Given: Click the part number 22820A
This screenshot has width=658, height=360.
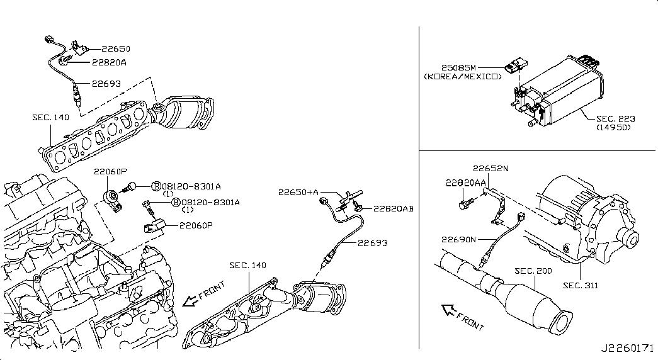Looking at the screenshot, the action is click(109, 62).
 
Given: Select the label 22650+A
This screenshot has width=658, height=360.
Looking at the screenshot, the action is click(298, 192).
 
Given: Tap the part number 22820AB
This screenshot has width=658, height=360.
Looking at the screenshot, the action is click(393, 208).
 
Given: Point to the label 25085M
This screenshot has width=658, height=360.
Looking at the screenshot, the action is click(458, 67).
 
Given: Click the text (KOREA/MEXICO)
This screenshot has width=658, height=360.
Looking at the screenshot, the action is click(463, 77).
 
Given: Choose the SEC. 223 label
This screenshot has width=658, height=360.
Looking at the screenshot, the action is click(616, 119).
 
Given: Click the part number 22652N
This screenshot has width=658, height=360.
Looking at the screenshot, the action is click(491, 168).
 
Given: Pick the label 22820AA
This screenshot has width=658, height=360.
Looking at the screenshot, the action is click(466, 183).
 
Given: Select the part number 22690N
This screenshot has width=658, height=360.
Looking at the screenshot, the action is click(458, 240).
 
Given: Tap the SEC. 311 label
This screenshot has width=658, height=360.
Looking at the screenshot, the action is click(581, 285).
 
